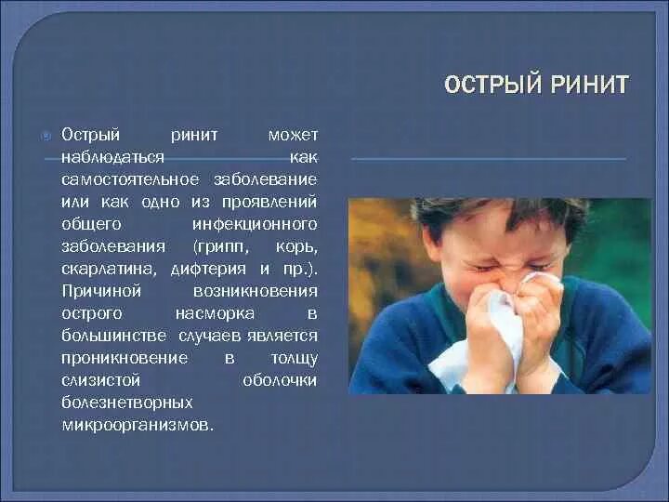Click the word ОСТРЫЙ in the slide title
[x=490, y=86]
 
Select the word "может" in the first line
[x=293, y=136]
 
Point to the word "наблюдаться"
[x=113, y=158]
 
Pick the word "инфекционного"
[x=255, y=224]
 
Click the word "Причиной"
[x=98, y=291]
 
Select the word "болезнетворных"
[x=127, y=403]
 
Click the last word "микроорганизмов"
[x=137, y=425]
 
